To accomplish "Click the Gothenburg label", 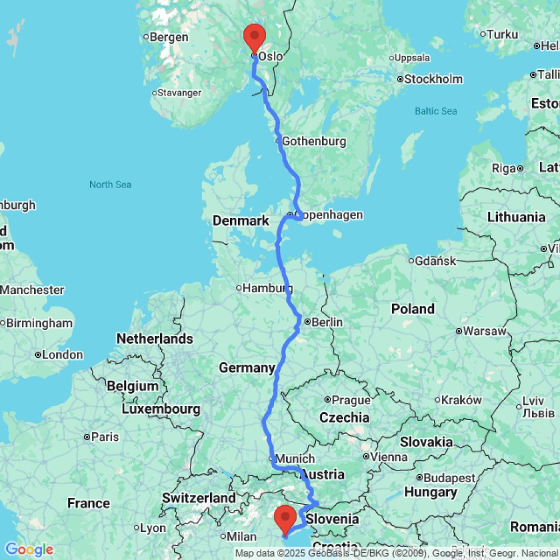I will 314,141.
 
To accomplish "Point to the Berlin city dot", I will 307,321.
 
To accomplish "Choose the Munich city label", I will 295,459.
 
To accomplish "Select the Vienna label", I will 387,457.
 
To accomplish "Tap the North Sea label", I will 110,184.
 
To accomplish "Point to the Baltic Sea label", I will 436,111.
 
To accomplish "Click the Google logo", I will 29,550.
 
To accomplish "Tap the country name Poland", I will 413,309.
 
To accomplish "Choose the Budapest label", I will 450,478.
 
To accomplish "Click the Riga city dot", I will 520,167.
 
